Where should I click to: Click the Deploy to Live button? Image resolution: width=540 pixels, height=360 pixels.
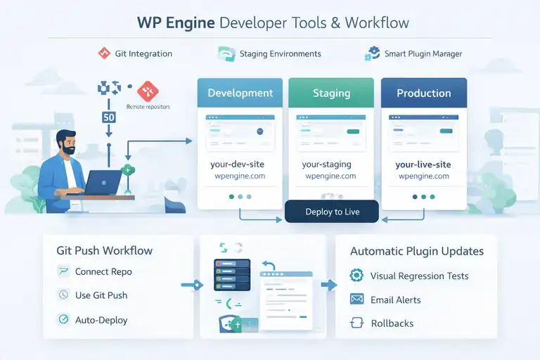[x=332, y=212]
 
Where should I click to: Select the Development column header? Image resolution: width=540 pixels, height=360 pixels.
[x=240, y=93]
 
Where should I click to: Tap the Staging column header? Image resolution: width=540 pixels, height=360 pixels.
[x=331, y=93]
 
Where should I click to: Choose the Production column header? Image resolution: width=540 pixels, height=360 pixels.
[x=423, y=93]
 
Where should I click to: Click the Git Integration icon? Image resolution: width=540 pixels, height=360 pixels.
[x=104, y=53]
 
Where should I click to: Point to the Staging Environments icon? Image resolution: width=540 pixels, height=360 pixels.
[x=226, y=54]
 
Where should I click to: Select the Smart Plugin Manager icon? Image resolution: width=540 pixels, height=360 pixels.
[x=372, y=53]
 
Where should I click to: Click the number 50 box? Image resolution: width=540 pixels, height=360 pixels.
[x=109, y=117]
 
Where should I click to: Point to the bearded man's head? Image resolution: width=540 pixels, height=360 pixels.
[x=67, y=143]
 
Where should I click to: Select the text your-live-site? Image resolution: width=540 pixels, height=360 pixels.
[x=423, y=165]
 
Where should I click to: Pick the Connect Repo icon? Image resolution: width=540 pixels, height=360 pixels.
[x=63, y=271]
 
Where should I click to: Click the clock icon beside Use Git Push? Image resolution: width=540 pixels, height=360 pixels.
[x=63, y=295]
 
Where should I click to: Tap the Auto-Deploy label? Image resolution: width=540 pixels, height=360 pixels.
[x=101, y=319]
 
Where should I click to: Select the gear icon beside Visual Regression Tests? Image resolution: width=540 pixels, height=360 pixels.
[x=357, y=276]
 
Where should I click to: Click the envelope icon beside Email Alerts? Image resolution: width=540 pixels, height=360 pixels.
[x=357, y=300]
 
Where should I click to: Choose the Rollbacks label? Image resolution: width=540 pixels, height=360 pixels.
[x=392, y=323]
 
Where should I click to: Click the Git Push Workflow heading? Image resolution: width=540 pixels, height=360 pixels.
[x=104, y=250]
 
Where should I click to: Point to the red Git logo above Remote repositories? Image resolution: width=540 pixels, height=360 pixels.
[x=148, y=90]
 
